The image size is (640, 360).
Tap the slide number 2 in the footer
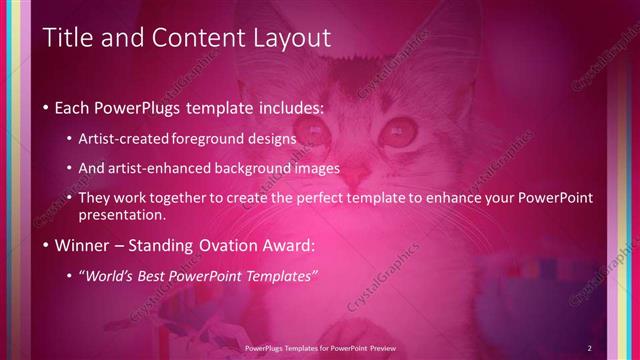point(590,347)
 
